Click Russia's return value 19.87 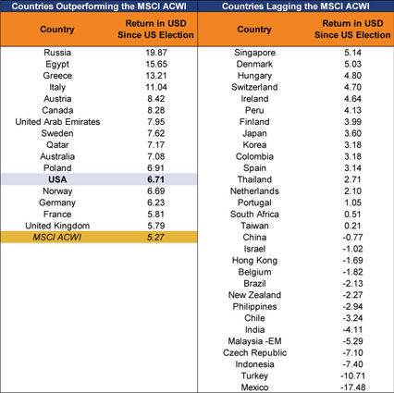156,53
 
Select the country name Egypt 57,64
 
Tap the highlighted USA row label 57,179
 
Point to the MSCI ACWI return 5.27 155,238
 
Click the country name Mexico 254,387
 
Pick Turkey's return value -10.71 352,375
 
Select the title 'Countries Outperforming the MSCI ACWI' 99,6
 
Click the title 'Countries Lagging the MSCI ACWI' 296,6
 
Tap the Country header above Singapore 254,30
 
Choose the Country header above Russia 57,30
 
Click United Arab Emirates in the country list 57,122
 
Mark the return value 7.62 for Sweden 156,133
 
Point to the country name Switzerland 254,87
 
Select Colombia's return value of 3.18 352,156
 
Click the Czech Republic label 254,352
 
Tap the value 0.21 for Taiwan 352,226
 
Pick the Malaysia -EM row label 254,341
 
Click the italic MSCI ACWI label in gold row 57,238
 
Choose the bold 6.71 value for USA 155,179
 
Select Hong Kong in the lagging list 254,261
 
